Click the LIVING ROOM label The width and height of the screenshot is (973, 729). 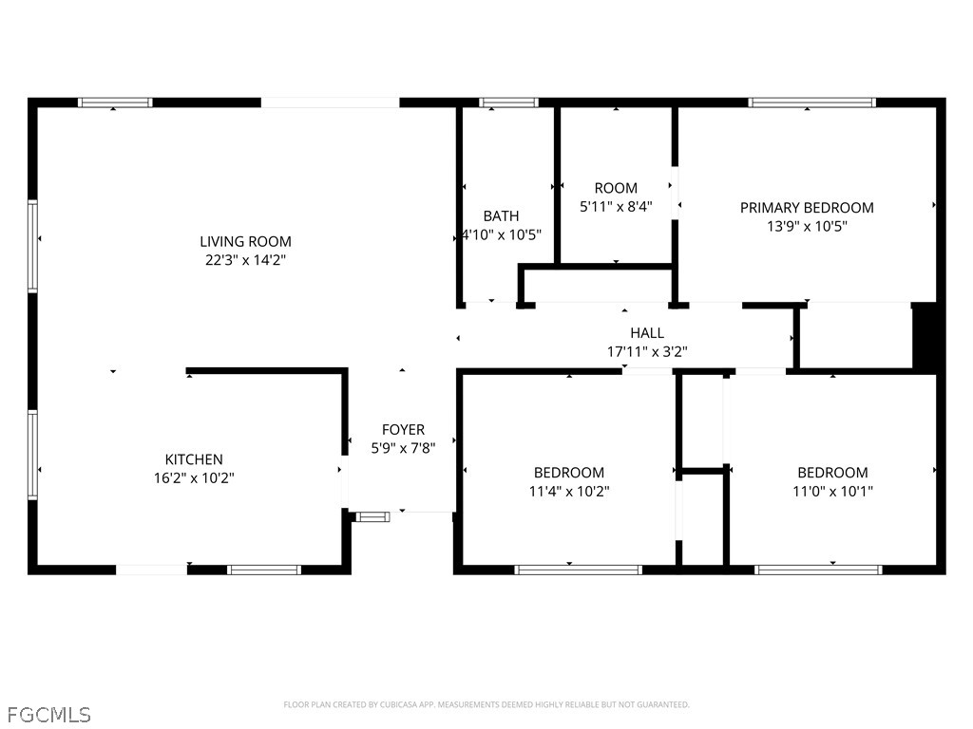[x=245, y=241]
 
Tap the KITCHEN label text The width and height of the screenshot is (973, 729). [x=194, y=459]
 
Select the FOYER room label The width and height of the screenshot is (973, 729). [x=403, y=430]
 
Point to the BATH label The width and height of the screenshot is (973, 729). [x=501, y=215]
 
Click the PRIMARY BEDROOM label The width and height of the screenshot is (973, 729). [x=807, y=208]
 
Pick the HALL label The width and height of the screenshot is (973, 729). [x=647, y=333]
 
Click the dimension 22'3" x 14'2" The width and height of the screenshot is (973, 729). [x=245, y=260]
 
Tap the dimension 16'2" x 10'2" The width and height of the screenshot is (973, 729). [x=194, y=478]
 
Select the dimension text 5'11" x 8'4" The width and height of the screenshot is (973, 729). [x=616, y=206]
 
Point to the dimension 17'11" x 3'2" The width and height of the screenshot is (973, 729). [x=647, y=351]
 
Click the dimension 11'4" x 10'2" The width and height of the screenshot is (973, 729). [x=569, y=491]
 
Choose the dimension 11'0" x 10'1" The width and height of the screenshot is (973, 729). [x=832, y=491]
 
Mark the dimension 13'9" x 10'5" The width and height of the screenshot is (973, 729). [x=807, y=226]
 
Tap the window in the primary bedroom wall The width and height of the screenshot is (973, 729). [x=811, y=103]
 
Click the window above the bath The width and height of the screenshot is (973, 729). [x=508, y=103]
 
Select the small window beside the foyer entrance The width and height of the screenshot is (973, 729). [x=372, y=516]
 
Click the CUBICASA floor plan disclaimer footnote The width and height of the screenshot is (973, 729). [x=486, y=705]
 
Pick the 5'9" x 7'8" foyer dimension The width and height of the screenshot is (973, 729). [x=403, y=448]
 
